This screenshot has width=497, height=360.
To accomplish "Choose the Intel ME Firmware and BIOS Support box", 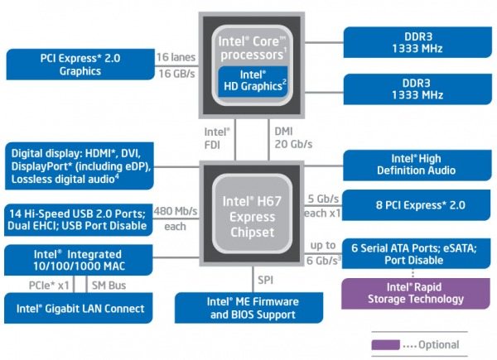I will [x=252, y=309].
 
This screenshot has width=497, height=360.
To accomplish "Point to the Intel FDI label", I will [x=218, y=136].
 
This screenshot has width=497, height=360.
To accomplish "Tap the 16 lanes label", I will [x=175, y=57].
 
